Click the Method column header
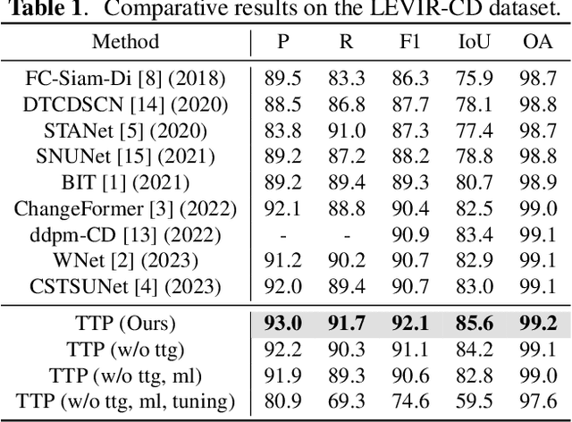click(125, 41)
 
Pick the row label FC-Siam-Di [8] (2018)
click(125, 79)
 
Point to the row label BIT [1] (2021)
click(125, 183)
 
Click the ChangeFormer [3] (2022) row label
click(125, 209)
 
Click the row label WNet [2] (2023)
click(125, 262)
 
